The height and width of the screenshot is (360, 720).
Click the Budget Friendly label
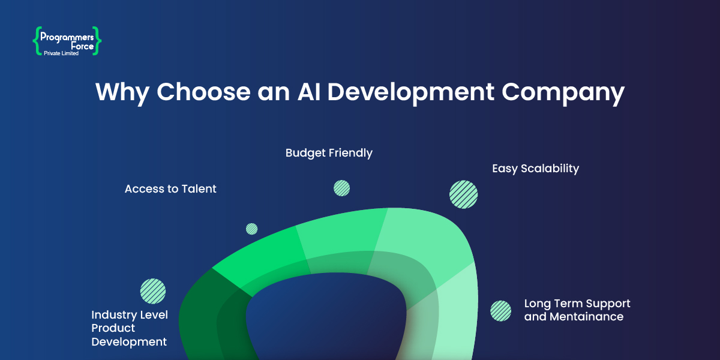329,153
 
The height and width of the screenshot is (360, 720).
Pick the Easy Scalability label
535,169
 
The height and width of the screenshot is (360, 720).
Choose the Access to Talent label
170,189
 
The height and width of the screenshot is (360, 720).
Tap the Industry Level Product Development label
129,328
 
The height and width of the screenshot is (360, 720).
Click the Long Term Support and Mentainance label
577,310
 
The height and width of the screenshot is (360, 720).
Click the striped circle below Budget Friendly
341,188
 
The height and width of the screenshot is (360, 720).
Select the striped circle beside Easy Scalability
463,194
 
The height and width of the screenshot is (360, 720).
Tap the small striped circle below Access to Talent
251,229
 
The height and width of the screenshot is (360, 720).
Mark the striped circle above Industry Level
152,291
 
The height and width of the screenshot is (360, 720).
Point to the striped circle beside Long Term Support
500,311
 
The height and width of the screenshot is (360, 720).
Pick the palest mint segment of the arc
456,318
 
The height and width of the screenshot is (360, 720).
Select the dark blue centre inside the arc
324,318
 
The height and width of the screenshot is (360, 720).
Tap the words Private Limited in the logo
61,53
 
